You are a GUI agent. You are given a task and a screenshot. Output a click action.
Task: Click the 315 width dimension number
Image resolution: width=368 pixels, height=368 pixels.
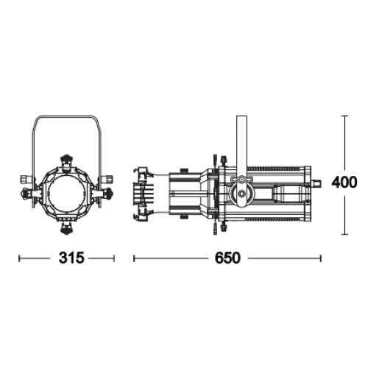(71, 258)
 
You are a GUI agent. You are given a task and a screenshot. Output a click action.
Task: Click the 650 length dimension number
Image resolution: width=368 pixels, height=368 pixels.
(227, 258)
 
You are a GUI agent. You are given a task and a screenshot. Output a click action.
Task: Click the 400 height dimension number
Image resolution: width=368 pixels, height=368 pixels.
(344, 183)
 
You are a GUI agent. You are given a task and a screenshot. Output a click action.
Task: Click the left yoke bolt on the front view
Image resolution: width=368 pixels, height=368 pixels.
(25, 179)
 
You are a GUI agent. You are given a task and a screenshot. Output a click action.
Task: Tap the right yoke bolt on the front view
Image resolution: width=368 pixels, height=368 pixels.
(108, 179)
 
